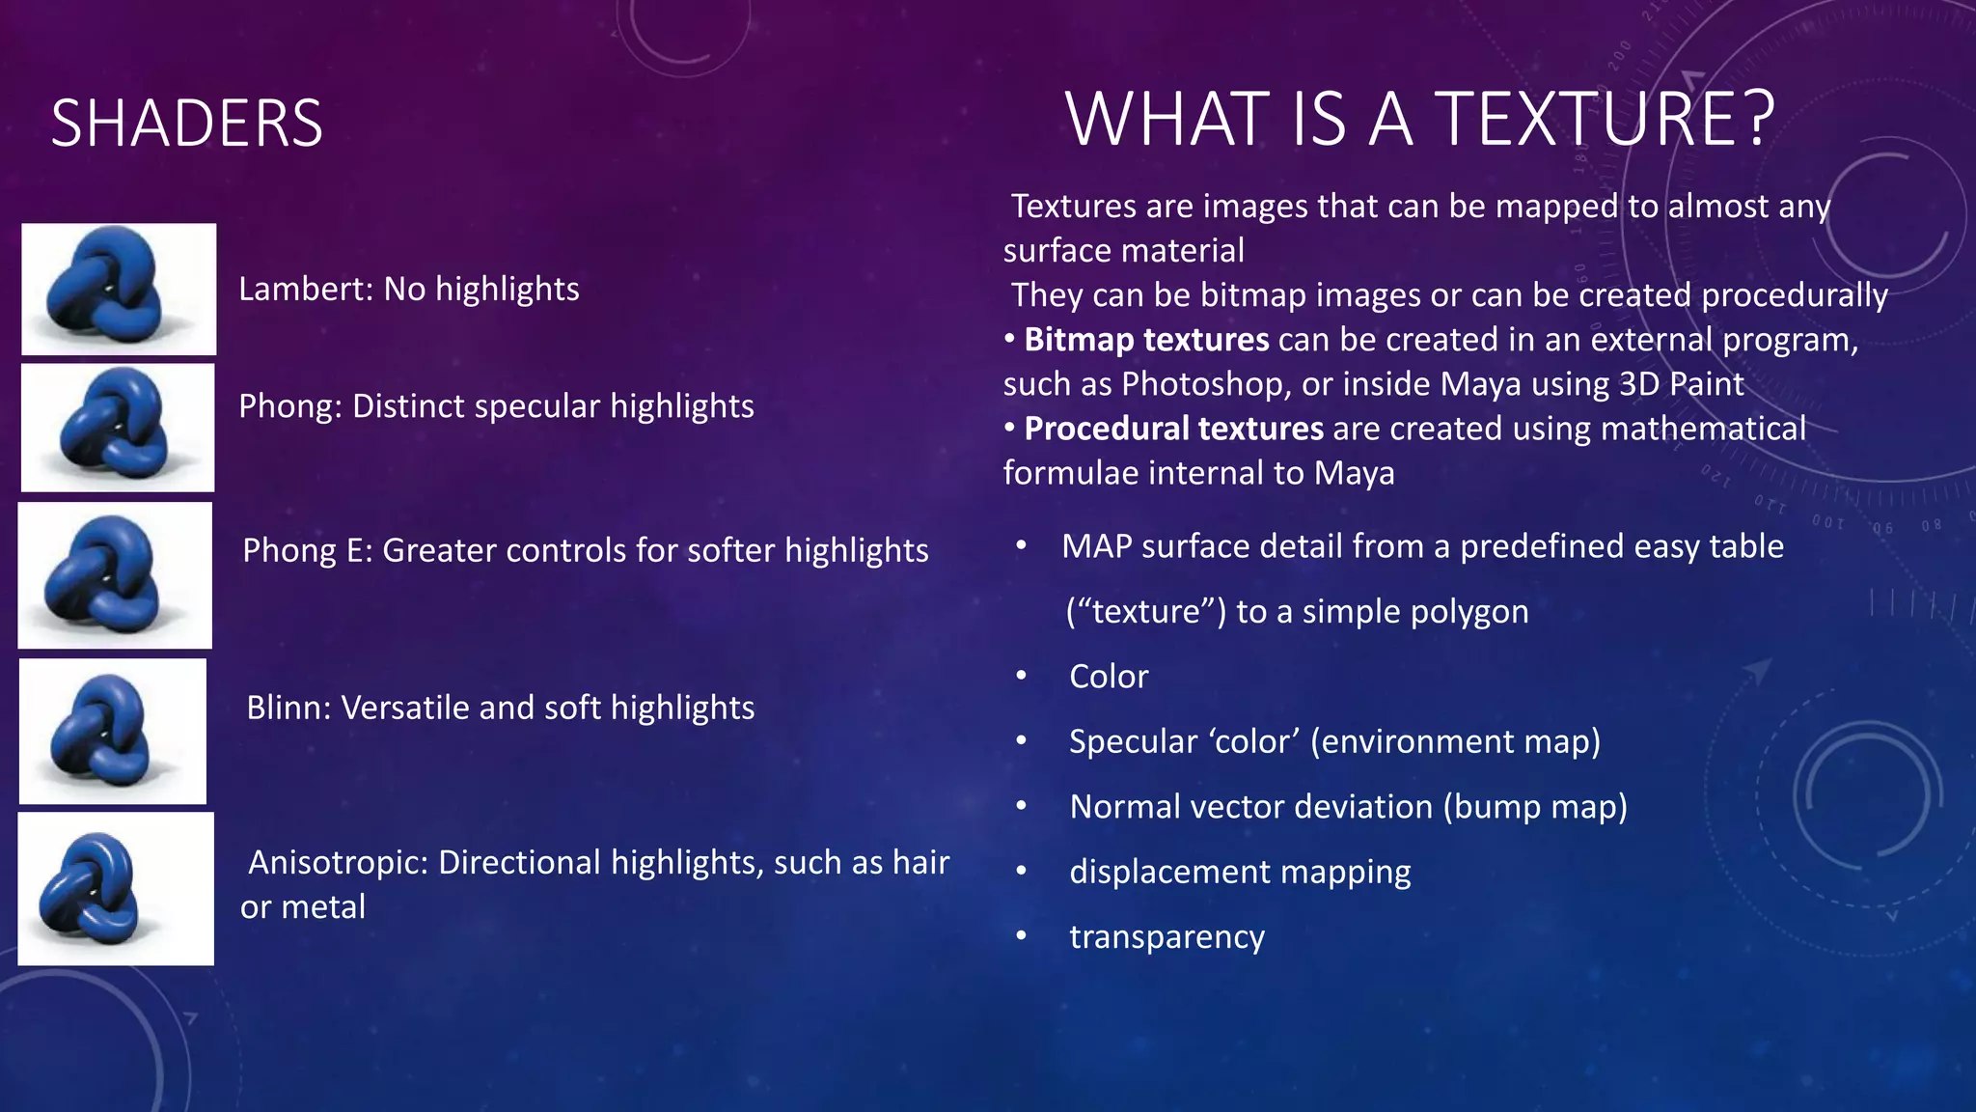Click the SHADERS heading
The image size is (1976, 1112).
pos(187,124)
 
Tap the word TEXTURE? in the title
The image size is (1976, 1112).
pos(1605,119)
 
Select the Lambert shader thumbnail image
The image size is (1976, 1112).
pos(119,289)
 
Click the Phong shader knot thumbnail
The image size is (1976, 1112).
pos(118,428)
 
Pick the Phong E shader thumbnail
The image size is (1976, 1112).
pos(115,575)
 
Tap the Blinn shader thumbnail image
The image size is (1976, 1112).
pos(113,732)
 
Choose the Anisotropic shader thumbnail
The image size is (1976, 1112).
pos(116,888)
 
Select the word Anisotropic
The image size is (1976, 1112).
pos(338,862)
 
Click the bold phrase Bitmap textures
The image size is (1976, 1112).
pos(1146,340)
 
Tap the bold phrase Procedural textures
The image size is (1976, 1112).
pos(1173,429)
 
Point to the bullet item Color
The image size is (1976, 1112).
pos(1109,677)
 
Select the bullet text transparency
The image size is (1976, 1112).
pos(1166,937)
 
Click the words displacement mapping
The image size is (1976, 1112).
pos(1240,872)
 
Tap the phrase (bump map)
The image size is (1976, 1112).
pos(1535,807)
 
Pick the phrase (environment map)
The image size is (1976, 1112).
pos(1455,741)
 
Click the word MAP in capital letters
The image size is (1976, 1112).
pos(1096,546)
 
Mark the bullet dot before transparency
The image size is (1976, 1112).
pos(1021,936)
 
